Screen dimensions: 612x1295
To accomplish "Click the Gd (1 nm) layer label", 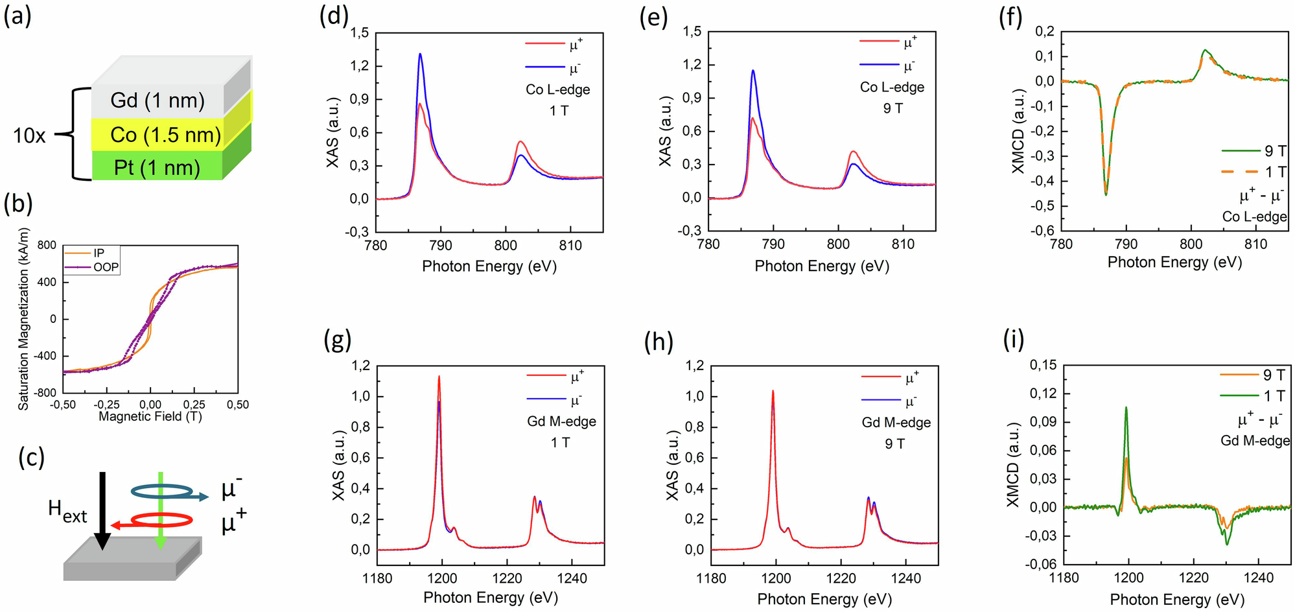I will pos(157,100).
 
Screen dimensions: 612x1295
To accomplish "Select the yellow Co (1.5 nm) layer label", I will pos(165,135).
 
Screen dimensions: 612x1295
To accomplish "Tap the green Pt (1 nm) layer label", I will pos(157,168).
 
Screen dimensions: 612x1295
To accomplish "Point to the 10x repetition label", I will pos(30,135).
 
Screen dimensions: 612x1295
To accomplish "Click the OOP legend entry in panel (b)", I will pos(106,266).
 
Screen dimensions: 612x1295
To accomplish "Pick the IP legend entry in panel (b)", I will pos(99,253).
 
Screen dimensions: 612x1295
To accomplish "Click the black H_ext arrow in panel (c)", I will pos(102,512).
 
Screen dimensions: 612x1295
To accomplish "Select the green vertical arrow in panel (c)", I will pos(161,512).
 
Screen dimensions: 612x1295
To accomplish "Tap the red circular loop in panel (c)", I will pos(162,520).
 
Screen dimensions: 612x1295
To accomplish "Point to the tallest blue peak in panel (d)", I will pos(420,54).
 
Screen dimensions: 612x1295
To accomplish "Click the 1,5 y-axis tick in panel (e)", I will pos(692,32).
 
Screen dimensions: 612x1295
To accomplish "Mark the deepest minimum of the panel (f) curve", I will pos(1106,194).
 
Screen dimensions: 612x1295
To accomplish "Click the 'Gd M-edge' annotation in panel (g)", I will pos(561,421).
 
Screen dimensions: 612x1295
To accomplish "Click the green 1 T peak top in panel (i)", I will pos(1126,408).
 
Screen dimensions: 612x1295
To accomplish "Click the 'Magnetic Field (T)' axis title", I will pos(150,416).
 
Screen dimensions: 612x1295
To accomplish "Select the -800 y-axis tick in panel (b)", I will pos(47,393).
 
